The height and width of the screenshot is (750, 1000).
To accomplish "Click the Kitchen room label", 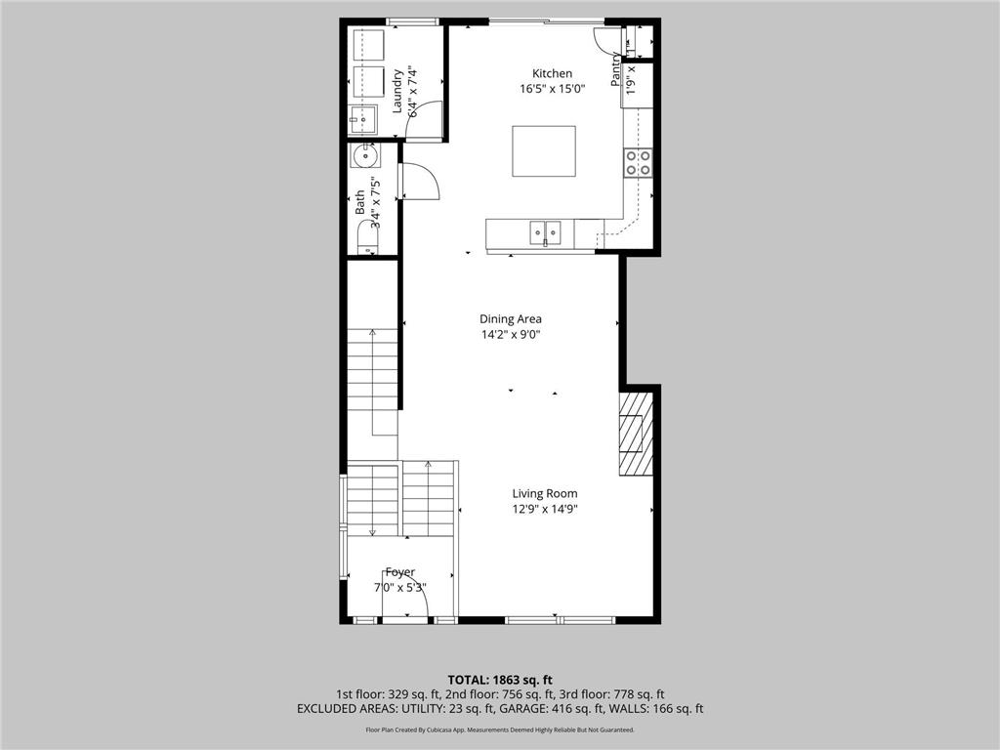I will click(552, 74).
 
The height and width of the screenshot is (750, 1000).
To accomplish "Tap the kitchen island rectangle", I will click(544, 151).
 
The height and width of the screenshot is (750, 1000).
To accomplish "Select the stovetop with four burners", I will click(639, 162).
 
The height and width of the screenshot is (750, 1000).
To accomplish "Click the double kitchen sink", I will click(545, 232).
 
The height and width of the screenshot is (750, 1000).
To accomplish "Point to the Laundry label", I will click(398, 91).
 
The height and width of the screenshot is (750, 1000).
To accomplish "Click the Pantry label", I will click(616, 70).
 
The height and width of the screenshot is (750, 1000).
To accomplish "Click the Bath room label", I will click(360, 202).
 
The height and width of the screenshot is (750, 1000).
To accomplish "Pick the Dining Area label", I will click(510, 319).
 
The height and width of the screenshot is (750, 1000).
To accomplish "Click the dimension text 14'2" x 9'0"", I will click(510, 335).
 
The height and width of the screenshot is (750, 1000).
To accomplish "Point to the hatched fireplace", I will click(635, 434).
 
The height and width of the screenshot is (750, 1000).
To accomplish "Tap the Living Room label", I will click(545, 494).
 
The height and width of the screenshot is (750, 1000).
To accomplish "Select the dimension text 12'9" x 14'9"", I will click(545, 509).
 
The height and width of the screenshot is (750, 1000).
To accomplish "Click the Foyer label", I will click(399, 572).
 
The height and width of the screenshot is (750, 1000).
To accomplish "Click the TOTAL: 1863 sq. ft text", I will click(500, 680).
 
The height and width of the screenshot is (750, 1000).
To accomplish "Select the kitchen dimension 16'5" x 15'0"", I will click(552, 90).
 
